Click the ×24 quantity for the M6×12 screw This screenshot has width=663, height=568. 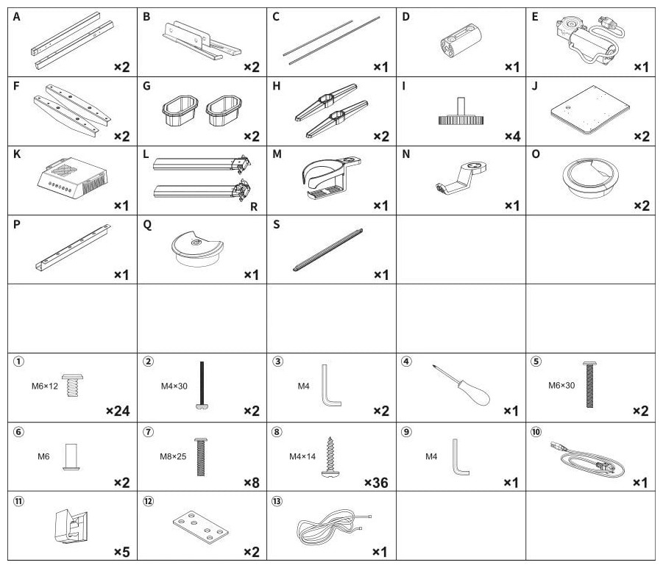(118, 411)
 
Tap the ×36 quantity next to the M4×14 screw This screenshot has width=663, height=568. (376, 483)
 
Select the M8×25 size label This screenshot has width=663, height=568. (173, 456)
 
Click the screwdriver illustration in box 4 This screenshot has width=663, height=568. (461, 385)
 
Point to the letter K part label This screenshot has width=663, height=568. (17, 154)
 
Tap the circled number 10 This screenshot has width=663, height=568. (536, 431)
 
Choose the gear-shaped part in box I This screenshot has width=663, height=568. (461, 112)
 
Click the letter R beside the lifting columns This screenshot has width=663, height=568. (254, 206)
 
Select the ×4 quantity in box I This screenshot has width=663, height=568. (512, 137)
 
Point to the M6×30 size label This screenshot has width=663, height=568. (561, 386)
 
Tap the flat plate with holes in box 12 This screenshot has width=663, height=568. (201, 527)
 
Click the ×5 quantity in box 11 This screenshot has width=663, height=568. (121, 552)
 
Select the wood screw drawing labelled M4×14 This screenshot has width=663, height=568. (330, 457)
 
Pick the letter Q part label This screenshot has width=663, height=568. (147, 225)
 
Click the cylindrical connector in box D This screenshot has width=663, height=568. (461, 40)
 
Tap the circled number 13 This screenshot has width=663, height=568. (277, 501)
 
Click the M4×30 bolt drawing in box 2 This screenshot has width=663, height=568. (202, 385)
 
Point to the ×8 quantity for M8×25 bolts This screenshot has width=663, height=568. (252, 483)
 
